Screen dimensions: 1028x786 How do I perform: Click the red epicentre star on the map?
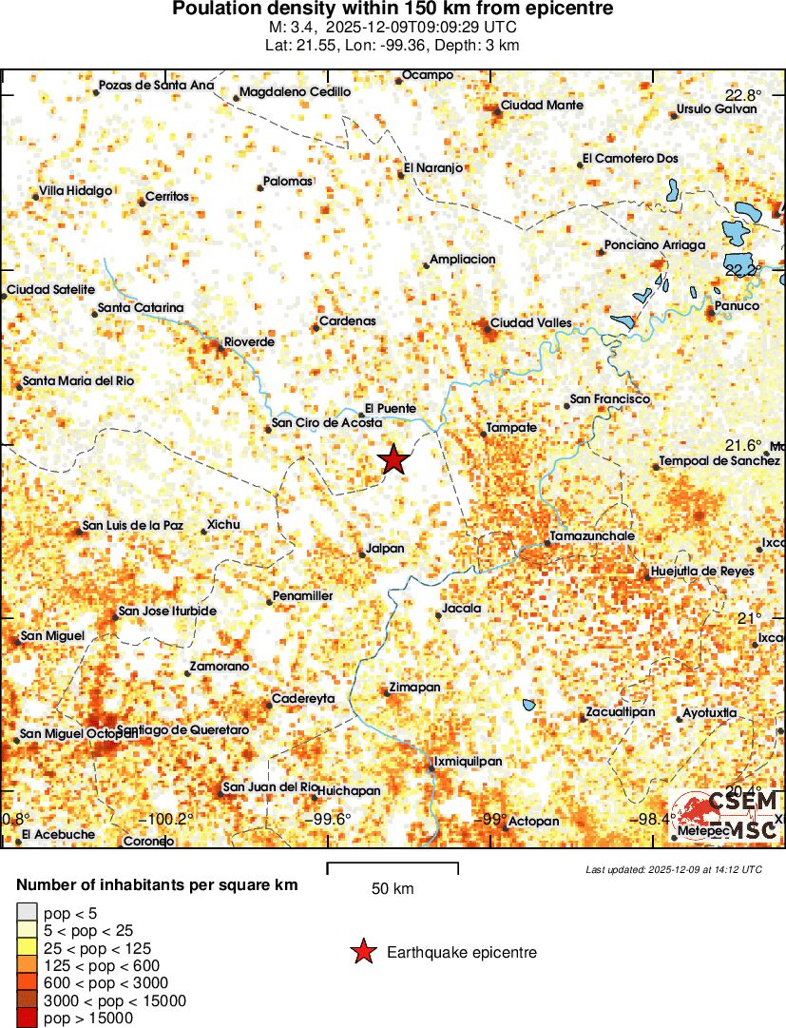click(x=393, y=459)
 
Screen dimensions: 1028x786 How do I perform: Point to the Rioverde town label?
click(x=249, y=341)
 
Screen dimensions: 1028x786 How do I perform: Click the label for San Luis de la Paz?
click(x=132, y=525)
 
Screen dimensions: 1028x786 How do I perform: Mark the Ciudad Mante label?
click(x=542, y=105)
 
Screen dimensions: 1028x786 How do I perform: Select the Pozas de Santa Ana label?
click(x=157, y=86)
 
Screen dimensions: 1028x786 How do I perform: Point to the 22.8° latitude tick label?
click(x=743, y=95)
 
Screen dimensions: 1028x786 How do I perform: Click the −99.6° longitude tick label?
click(x=327, y=819)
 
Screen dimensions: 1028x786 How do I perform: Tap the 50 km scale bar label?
click(x=392, y=889)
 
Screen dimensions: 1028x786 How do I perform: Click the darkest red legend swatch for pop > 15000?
click(x=28, y=1018)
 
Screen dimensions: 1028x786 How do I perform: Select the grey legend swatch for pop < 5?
click(x=28, y=914)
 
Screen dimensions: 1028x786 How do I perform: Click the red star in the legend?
click(x=362, y=952)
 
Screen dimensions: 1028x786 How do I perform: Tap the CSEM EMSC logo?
click(x=727, y=815)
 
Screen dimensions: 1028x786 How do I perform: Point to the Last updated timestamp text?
click(x=673, y=869)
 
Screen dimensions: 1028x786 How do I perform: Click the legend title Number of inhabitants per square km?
click(x=157, y=885)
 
